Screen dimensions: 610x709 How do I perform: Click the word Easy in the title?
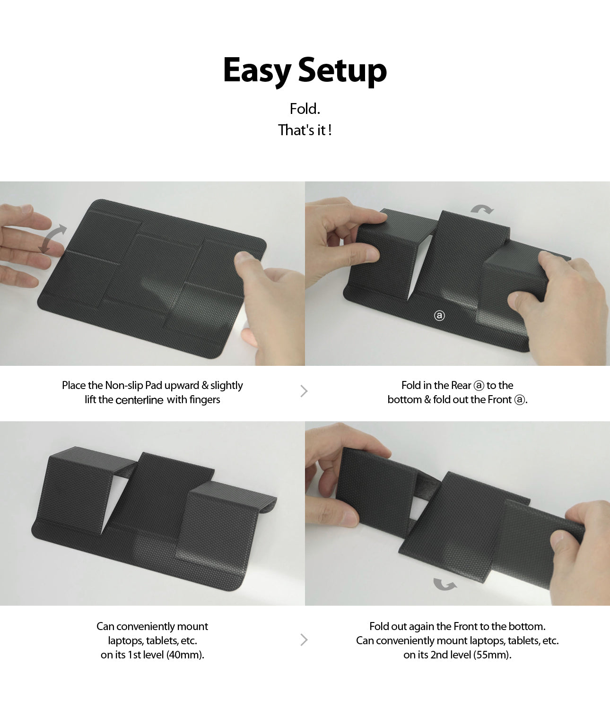[x=257, y=71]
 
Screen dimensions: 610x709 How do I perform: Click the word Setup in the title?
[x=342, y=71]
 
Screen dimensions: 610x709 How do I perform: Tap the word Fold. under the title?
[x=305, y=109]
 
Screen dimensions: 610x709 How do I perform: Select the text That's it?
[x=305, y=130]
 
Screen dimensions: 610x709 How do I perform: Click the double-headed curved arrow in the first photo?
[x=52, y=239]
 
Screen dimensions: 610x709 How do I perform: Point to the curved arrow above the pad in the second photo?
[x=482, y=208]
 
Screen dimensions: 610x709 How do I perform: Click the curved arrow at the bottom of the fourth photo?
[x=444, y=584]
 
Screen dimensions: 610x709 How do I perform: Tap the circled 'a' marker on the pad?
[x=439, y=316]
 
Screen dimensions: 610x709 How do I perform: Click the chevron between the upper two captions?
[x=304, y=391]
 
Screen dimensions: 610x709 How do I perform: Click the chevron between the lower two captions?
[x=304, y=640]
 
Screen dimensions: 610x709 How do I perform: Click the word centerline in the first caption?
[x=139, y=400]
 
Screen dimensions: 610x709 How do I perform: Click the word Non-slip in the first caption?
[x=124, y=386]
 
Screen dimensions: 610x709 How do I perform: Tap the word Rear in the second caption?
[x=461, y=386]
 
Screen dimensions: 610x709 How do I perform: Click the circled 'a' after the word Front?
[x=520, y=400]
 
